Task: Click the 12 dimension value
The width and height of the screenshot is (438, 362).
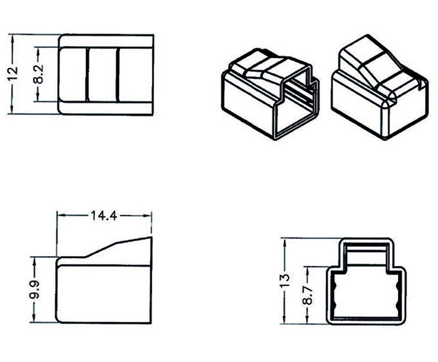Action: (13, 74)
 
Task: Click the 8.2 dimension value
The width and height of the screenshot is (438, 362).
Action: (38, 74)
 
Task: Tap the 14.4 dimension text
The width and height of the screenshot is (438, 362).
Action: (104, 216)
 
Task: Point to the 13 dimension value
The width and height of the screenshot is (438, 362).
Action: (284, 281)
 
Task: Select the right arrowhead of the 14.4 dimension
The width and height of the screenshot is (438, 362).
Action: (147, 215)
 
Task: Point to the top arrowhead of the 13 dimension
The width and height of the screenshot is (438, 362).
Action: (284, 243)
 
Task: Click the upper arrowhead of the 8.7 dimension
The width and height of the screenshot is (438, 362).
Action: (307, 271)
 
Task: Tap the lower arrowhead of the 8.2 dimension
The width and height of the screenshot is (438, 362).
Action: (38, 98)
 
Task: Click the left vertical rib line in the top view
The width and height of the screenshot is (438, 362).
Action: (87, 74)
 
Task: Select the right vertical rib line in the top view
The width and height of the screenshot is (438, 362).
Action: (118, 74)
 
